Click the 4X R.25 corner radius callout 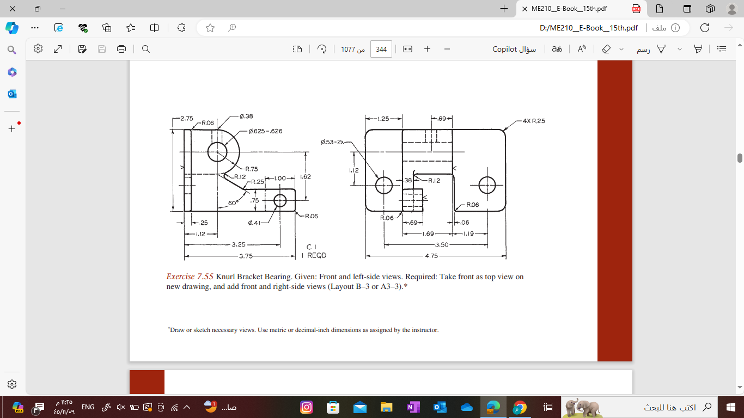pyautogui.click(x=533, y=121)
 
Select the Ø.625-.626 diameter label pyautogui.click(x=265, y=131)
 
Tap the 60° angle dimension pyautogui.click(x=234, y=203)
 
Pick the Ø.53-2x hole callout pyautogui.click(x=332, y=142)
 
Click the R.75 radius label pyautogui.click(x=251, y=169)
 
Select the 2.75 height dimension pyautogui.click(x=187, y=119)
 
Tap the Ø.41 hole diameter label pyautogui.click(x=254, y=223)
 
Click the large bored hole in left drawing pyautogui.click(x=217, y=151)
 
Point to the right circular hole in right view pyautogui.click(x=487, y=185)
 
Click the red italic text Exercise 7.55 pyautogui.click(x=190, y=276)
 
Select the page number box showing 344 pyautogui.click(x=381, y=49)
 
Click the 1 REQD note pyautogui.click(x=314, y=255)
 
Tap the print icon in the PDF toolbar pyautogui.click(x=121, y=49)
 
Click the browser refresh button pyautogui.click(x=704, y=28)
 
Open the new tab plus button pyautogui.click(x=504, y=9)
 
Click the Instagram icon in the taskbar pyautogui.click(x=307, y=407)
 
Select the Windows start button pyautogui.click(x=731, y=407)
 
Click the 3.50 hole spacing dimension pyautogui.click(x=441, y=245)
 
